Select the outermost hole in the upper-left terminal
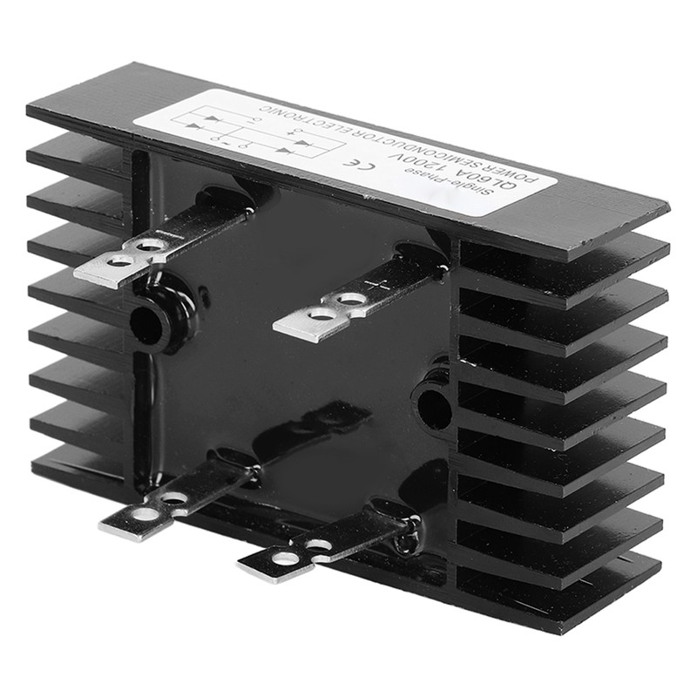(118, 261)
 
